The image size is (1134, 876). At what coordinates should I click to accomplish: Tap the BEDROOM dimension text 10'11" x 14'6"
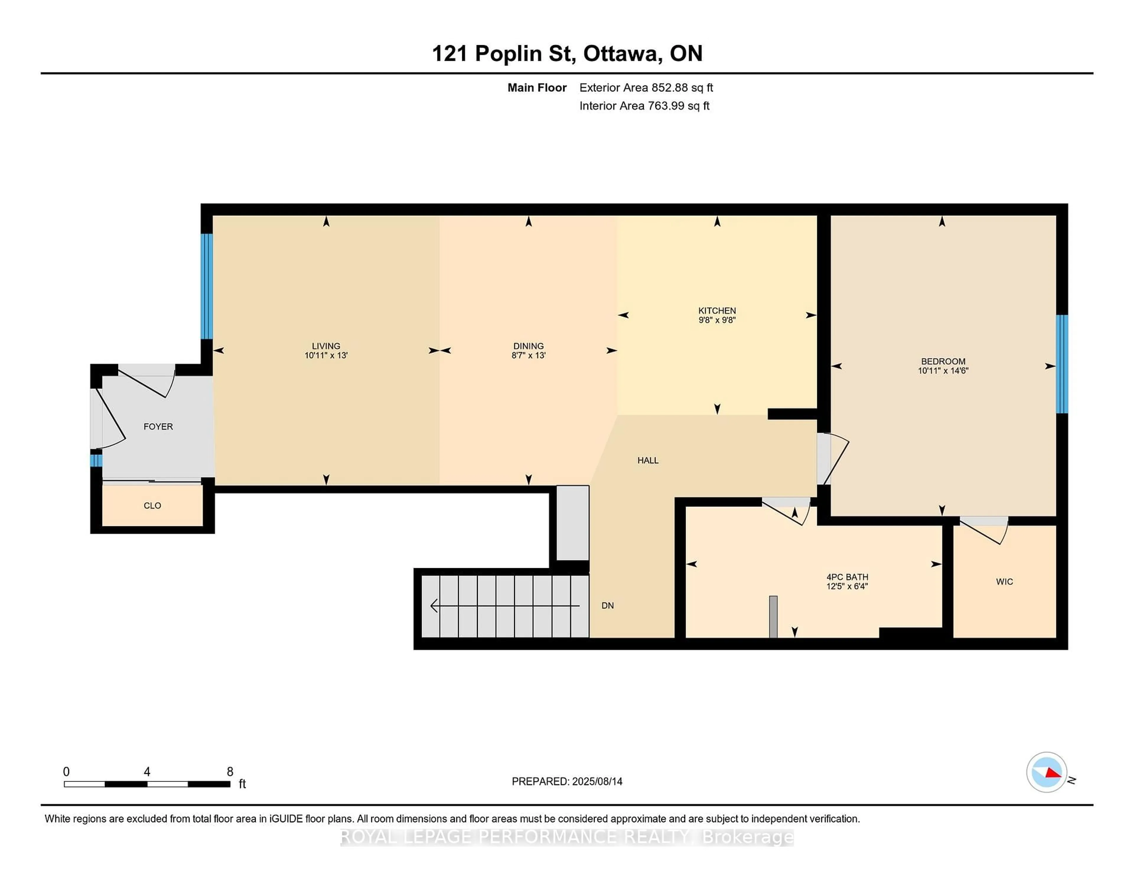[x=943, y=370]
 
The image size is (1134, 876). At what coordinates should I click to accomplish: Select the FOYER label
[x=158, y=426]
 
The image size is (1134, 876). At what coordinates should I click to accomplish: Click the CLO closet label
[x=152, y=506]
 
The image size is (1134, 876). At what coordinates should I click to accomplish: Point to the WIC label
[x=1004, y=582]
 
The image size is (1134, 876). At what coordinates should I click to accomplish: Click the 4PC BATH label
[x=847, y=577]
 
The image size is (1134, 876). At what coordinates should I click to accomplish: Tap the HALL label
[x=648, y=460]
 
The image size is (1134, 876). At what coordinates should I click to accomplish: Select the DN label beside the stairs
[x=607, y=606]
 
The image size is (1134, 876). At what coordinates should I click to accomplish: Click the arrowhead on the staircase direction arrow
[x=434, y=606]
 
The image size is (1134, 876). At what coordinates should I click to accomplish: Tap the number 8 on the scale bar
[x=230, y=772]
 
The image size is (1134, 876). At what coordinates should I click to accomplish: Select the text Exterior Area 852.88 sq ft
[x=646, y=88]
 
